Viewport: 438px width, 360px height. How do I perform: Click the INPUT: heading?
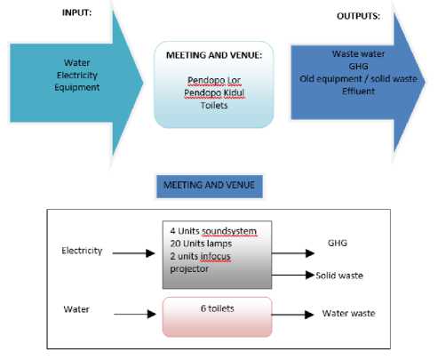tap(76, 12)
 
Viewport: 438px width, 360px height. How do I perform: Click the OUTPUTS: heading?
tap(358, 16)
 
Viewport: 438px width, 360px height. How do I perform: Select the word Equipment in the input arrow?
tap(77, 87)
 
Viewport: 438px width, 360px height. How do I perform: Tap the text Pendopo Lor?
tap(214, 80)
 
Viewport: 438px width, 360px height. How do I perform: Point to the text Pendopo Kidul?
tap(214, 92)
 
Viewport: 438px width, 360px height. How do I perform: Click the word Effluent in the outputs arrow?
tap(358, 91)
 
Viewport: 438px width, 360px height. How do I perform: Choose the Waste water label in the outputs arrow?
tap(358, 53)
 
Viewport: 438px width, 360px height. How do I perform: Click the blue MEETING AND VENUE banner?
tap(210, 187)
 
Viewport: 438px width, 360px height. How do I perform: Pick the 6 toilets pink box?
tap(217, 316)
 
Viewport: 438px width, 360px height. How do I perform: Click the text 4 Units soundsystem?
tap(213, 231)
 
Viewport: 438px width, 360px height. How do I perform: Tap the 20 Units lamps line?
tap(201, 244)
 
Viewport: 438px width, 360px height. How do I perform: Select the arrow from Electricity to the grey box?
tap(133, 253)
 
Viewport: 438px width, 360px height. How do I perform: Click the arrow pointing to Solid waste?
tap(293, 275)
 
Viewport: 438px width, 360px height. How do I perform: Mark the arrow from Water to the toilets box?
tap(135, 314)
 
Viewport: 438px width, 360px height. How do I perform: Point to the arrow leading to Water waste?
tap(293, 315)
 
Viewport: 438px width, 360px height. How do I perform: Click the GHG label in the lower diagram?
tap(338, 243)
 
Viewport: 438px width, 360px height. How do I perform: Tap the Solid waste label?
tap(339, 276)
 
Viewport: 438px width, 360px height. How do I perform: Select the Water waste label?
tap(349, 313)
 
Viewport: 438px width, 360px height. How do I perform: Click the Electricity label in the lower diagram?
tap(82, 251)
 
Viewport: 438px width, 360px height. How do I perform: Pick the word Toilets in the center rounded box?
tap(214, 105)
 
